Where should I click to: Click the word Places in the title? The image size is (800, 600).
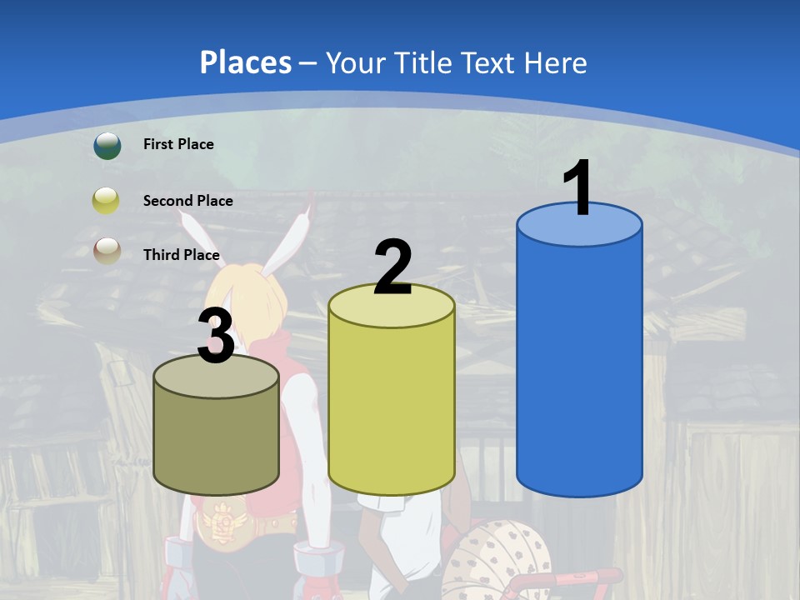pyautogui.click(x=246, y=62)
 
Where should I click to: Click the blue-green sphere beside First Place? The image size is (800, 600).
pyautogui.click(x=107, y=145)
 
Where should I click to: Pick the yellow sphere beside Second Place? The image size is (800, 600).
pyautogui.click(x=107, y=201)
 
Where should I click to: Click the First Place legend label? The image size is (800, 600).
pyautogui.click(x=178, y=144)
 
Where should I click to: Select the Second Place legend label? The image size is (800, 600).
pyautogui.click(x=187, y=201)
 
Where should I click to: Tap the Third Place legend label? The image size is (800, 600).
pyautogui.click(x=181, y=255)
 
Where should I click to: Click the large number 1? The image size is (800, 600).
pyautogui.click(x=578, y=189)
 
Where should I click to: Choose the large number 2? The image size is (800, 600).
pyautogui.click(x=392, y=267)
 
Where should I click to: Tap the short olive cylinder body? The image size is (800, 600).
pyautogui.click(x=217, y=442)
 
